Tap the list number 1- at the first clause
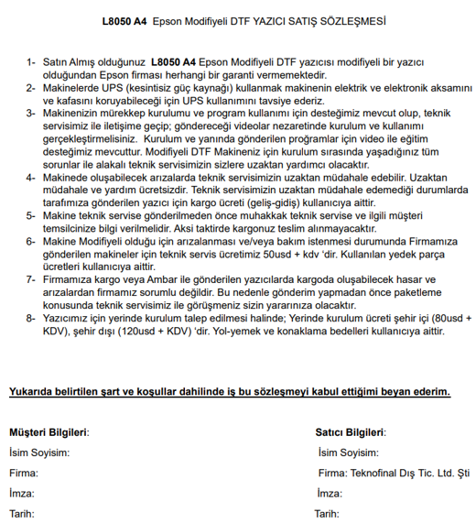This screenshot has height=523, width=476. [31, 61]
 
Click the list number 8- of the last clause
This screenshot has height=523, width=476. [31, 317]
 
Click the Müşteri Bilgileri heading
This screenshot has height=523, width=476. [49, 430]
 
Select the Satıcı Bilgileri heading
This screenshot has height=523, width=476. [350, 430]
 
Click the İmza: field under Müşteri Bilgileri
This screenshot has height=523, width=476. [23, 493]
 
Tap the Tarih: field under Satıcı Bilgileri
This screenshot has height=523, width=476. [327, 513]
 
